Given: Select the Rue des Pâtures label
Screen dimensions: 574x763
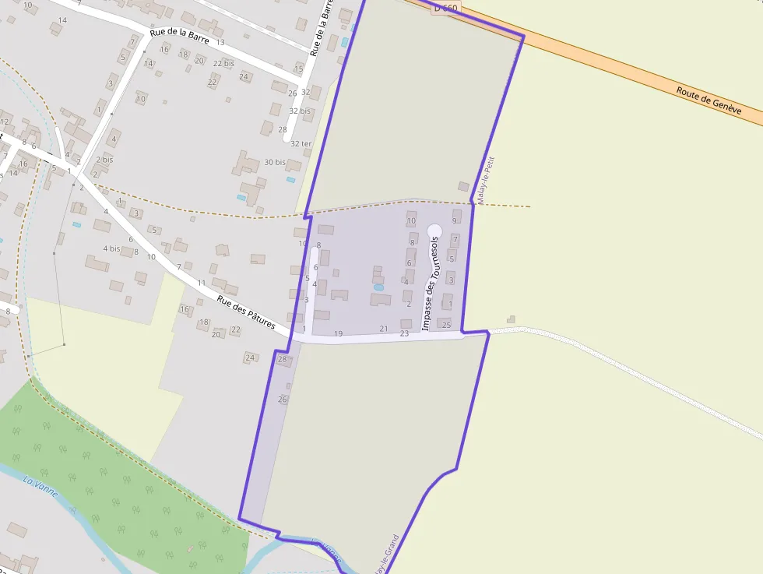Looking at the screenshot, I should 245,311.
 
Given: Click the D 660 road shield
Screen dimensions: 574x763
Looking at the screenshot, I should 447,8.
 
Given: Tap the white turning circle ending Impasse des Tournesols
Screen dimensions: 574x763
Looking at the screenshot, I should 434,231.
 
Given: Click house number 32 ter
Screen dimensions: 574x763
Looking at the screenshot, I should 301,144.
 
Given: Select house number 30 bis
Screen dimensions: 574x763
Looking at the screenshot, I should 274,162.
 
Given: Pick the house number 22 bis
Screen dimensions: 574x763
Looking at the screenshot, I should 223,63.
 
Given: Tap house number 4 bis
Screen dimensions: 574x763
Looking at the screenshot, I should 111,248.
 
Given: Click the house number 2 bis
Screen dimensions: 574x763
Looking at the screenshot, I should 104,160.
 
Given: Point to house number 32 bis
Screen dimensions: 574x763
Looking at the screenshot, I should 300,111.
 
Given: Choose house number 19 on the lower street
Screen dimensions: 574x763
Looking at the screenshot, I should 338,333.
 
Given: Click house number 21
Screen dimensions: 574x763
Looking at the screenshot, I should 383,329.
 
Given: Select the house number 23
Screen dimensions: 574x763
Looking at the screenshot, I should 404,333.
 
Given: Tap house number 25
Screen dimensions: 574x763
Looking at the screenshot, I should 446,324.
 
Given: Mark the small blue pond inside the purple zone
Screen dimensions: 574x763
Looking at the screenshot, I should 378,287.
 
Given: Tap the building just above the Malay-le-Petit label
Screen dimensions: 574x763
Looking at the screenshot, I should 463,187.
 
